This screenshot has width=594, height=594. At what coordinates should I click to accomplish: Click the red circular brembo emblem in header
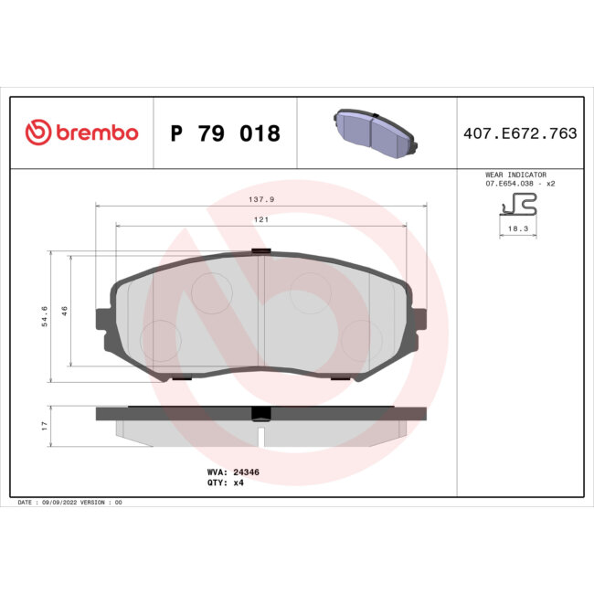[36, 133]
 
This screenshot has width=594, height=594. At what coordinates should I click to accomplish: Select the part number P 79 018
[226, 133]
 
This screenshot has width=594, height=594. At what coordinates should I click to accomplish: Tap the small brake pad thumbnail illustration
[375, 133]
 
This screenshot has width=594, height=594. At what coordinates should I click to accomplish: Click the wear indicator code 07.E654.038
[509, 184]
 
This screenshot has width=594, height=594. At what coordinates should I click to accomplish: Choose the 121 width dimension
[261, 220]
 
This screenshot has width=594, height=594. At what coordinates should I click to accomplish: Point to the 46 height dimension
[64, 311]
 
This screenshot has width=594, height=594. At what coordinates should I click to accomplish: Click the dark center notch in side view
[261, 413]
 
